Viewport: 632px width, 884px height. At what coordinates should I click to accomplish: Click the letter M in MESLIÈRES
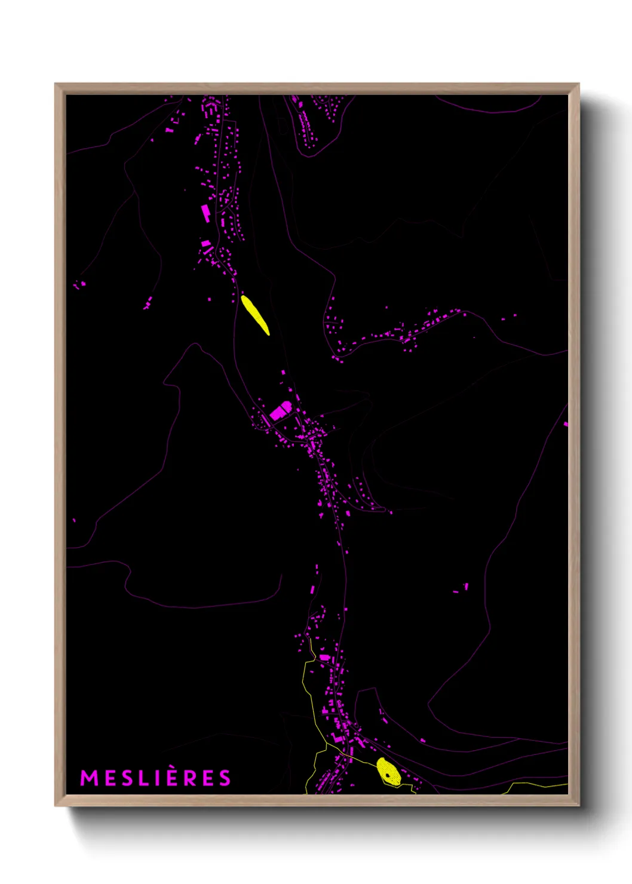pyautogui.click(x=89, y=778)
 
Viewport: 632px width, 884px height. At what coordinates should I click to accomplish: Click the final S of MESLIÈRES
pyautogui.click(x=225, y=778)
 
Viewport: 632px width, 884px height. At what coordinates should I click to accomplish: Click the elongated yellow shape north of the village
pyautogui.click(x=255, y=315)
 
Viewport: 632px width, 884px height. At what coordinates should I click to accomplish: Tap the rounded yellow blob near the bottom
pyautogui.click(x=388, y=772)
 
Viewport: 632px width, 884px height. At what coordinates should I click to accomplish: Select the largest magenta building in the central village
pyautogui.click(x=280, y=411)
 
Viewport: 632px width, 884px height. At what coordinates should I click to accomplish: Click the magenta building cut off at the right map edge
pyautogui.click(x=566, y=424)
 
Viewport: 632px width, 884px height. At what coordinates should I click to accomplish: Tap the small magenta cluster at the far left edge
pyautogui.click(x=78, y=284)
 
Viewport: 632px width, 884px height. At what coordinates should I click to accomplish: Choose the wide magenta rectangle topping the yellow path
pyautogui.click(x=324, y=657)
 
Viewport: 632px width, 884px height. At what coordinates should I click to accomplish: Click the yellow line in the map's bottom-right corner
pyautogui.click(x=538, y=784)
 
